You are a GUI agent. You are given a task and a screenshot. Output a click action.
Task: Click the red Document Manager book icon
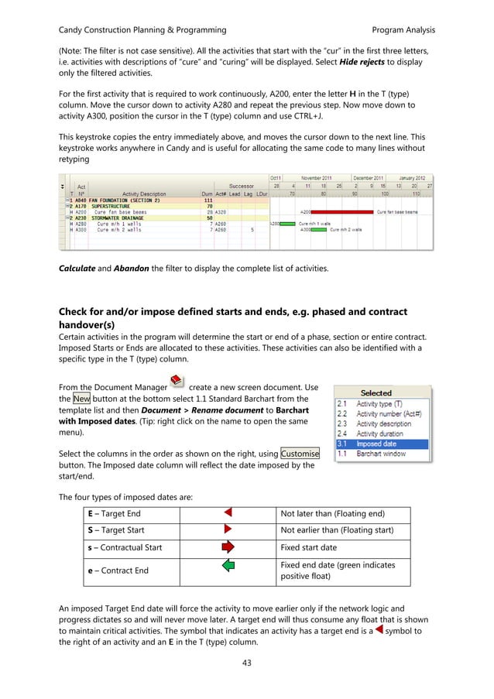177,381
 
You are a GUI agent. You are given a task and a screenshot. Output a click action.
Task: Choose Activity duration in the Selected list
384,433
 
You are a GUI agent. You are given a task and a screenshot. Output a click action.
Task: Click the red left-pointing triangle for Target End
228,513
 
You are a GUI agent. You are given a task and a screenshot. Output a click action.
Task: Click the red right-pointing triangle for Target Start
228,530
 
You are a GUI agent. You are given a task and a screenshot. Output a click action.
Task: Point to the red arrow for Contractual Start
228,548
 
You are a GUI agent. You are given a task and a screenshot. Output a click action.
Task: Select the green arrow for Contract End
228,571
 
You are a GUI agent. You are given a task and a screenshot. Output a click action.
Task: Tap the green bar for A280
286,224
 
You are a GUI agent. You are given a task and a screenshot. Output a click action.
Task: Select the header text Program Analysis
403,30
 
